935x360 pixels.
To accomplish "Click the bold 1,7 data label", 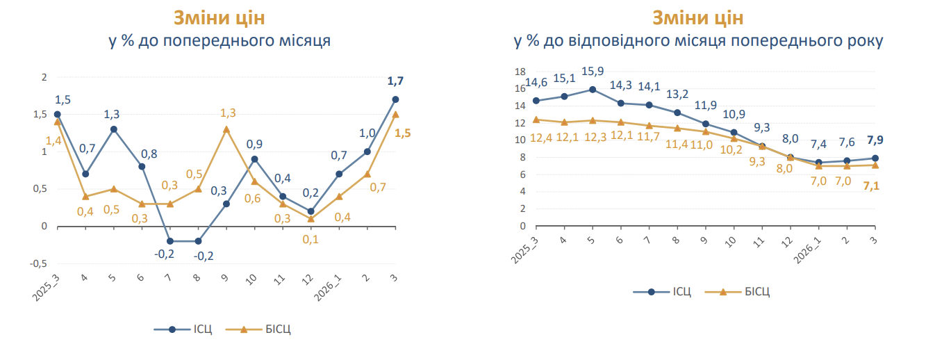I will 395,81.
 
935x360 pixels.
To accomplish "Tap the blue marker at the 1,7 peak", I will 395,99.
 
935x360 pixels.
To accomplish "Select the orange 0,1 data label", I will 310,240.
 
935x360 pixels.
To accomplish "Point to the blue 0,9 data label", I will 254,144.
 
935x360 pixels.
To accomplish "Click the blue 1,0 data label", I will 367,133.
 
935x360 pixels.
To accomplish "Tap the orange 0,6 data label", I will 254,198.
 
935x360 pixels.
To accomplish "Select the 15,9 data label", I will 593,72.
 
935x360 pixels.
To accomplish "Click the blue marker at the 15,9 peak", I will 593,89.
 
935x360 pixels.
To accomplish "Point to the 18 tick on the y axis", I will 519,72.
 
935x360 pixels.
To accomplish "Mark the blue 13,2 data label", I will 677,95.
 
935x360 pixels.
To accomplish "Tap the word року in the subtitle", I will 866,41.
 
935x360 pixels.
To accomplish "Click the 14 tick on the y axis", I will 519,106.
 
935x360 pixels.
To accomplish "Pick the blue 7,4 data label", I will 818,145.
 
